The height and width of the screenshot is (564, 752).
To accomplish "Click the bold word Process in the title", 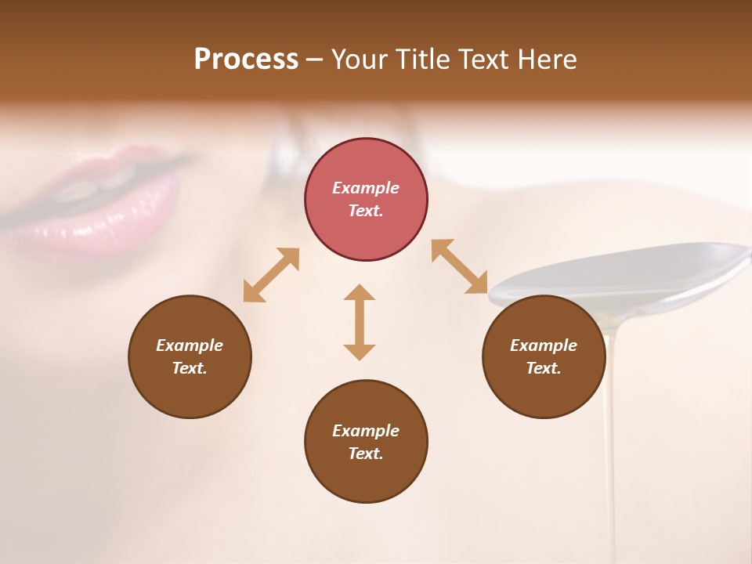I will (x=246, y=60).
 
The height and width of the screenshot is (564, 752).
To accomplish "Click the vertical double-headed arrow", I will (x=360, y=322).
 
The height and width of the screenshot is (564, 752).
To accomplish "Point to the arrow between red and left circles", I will (x=271, y=275).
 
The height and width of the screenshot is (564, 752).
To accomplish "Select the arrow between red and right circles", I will (x=460, y=266).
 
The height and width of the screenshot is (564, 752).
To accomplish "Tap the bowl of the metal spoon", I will (x=627, y=270).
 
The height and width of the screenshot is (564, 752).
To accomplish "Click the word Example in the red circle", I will (x=366, y=188).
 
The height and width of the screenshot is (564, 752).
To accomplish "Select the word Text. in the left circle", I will (x=190, y=368).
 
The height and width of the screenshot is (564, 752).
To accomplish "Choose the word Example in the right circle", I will (x=544, y=345).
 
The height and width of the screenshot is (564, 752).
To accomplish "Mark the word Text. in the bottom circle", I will (x=366, y=454).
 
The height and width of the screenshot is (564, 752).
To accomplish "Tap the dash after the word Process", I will (x=315, y=60).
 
